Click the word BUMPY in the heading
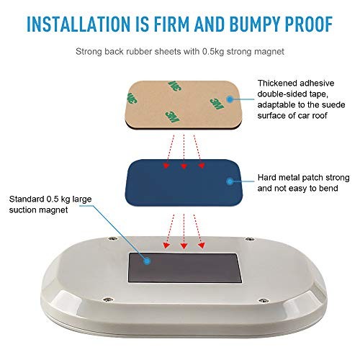point(255,24)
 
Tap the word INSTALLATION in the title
point(78,24)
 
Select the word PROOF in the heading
point(309,24)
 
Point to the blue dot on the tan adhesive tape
point(230,99)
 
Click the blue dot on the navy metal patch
point(230,181)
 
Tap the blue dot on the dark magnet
point(147,261)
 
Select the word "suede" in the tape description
point(333,105)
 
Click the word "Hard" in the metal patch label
point(266,178)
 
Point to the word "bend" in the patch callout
point(328,188)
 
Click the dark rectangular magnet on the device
point(185,268)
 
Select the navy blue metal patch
point(184,182)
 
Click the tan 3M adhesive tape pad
point(184,105)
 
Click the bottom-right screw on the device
point(263,300)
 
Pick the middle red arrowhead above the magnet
point(184,246)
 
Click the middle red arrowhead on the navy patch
point(184,166)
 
